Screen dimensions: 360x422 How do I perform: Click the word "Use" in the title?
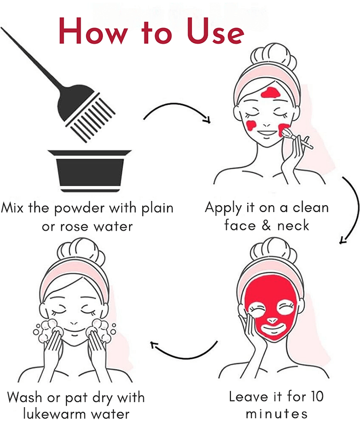[216, 31]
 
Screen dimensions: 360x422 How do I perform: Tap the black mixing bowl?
[90, 170]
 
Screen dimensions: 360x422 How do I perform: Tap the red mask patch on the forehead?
[270, 93]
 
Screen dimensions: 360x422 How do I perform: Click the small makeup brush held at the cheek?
[297, 138]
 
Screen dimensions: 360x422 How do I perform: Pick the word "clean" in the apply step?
[310, 207]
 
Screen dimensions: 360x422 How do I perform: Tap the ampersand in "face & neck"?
[266, 226]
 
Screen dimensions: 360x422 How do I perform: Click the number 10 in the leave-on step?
[317, 397]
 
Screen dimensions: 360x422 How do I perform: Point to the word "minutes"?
[277, 414]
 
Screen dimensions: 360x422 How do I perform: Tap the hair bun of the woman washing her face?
[81, 251]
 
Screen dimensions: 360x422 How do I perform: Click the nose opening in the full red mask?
[273, 321]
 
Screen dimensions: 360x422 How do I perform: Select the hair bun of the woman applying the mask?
[274, 56]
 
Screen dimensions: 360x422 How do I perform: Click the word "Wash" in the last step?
[25, 397]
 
